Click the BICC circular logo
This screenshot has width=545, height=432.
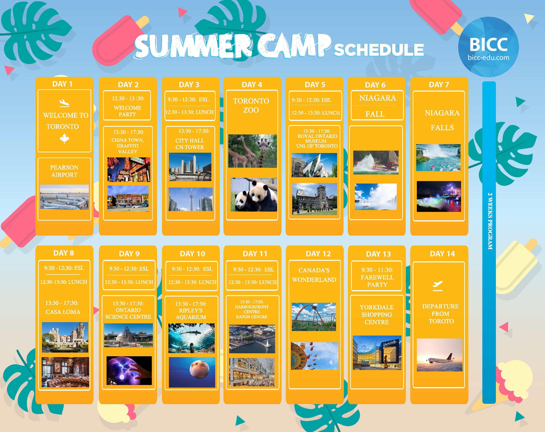(488, 47)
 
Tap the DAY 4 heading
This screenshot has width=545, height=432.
(252, 85)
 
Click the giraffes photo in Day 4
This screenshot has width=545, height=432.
(252, 151)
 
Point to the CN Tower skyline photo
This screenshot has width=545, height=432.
(191, 199)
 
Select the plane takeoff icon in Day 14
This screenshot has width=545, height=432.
(438, 285)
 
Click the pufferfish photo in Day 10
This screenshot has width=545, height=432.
(192, 372)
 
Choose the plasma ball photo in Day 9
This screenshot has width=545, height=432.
(129, 371)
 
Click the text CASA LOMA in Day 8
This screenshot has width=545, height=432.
(63, 312)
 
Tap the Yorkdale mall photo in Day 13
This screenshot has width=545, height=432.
(377, 353)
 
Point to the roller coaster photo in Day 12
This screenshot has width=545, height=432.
(314, 317)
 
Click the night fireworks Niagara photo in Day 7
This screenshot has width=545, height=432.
(439, 196)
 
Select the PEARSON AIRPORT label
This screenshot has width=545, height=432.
(64, 171)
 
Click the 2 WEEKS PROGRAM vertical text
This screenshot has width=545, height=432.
(490, 221)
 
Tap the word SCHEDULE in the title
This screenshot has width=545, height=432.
(379, 50)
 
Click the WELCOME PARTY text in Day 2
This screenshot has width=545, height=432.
(127, 111)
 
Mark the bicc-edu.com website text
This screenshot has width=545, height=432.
(488, 58)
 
